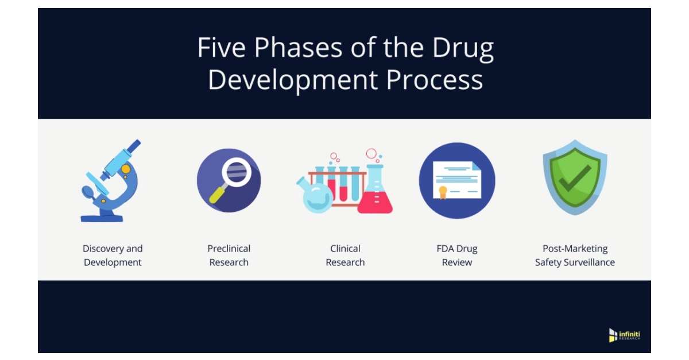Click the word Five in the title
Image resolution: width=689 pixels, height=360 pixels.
click(x=222, y=48)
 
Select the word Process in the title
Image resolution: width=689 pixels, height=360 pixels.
click(x=435, y=79)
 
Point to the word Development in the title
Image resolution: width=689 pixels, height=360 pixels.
click(x=293, y=80)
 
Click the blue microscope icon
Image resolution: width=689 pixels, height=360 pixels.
click(x=111, y=180)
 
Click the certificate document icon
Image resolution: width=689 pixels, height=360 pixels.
click(x=457, y=180)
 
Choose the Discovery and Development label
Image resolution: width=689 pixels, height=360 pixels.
click(x=113, y=256)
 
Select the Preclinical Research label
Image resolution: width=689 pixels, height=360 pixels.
click(x=229, y=256)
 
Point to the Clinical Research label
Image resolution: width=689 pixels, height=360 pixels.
click(x=345, y=256)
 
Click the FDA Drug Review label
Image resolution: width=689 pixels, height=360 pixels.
click(x=457, y=256)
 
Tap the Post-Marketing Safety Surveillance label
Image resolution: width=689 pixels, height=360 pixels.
click(x=575, y=256)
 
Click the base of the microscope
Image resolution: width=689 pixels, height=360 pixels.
click(x=102, y=218)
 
